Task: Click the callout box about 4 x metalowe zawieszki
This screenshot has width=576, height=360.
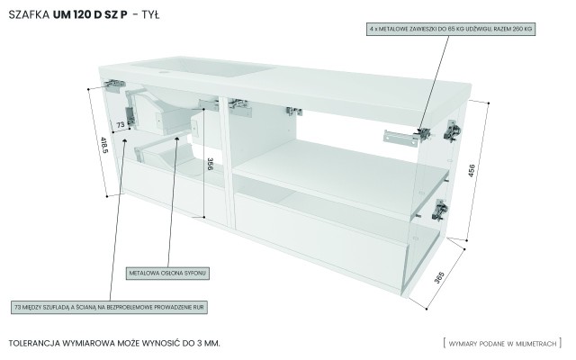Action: pos(450,30)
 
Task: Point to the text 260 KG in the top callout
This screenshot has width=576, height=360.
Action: pos(518,30)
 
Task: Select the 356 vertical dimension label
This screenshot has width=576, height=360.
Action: pos(209,166)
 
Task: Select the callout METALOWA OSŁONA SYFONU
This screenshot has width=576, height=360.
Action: pos(168,271)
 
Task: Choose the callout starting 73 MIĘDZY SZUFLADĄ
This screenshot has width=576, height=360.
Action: pos(110,308)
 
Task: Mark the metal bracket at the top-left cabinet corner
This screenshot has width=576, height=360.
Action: pos(113,83)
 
